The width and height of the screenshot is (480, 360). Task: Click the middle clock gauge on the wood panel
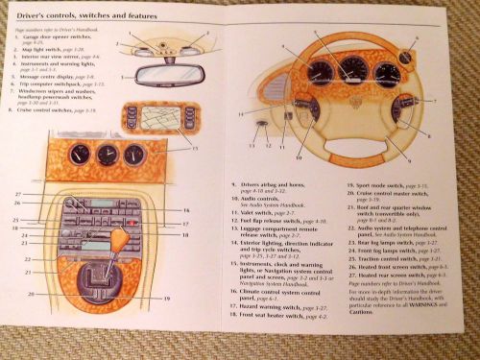(105, 155)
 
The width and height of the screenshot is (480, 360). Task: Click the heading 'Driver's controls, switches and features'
(85, 17)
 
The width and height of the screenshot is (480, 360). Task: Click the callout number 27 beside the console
(17, 196)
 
